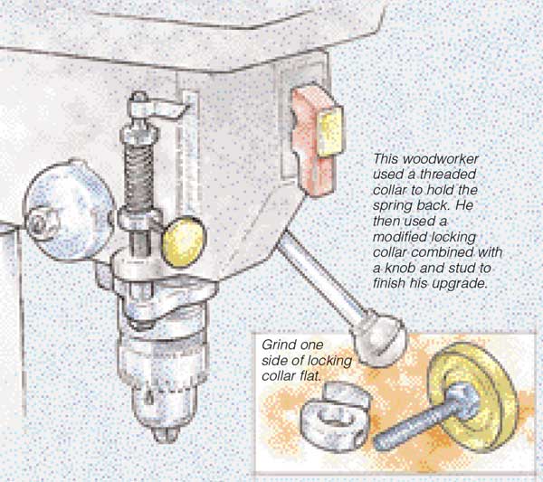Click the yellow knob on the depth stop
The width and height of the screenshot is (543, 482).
[x=185, y=241]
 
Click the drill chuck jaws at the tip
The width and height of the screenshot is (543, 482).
[x=167, y=435]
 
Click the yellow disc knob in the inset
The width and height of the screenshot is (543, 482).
[x=472, y=397]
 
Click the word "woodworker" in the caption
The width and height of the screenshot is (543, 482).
[x=441, y=159]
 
